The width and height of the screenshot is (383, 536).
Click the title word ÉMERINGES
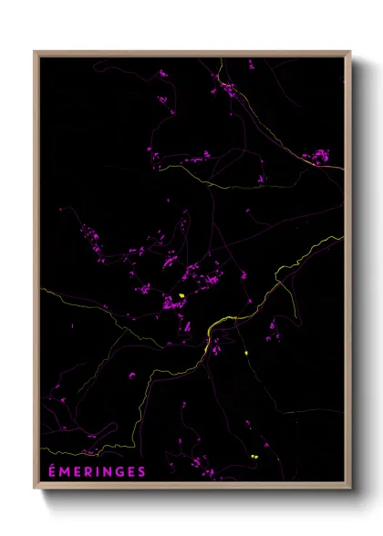[96, 471]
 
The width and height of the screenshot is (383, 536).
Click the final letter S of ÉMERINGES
[140, 471]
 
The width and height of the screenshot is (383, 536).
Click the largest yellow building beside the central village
[182, 295]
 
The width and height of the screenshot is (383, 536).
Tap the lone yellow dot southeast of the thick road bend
[246, 353]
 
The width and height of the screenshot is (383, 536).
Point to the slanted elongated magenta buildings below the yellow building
[187, 325]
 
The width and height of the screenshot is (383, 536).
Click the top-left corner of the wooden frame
[36, 52]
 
